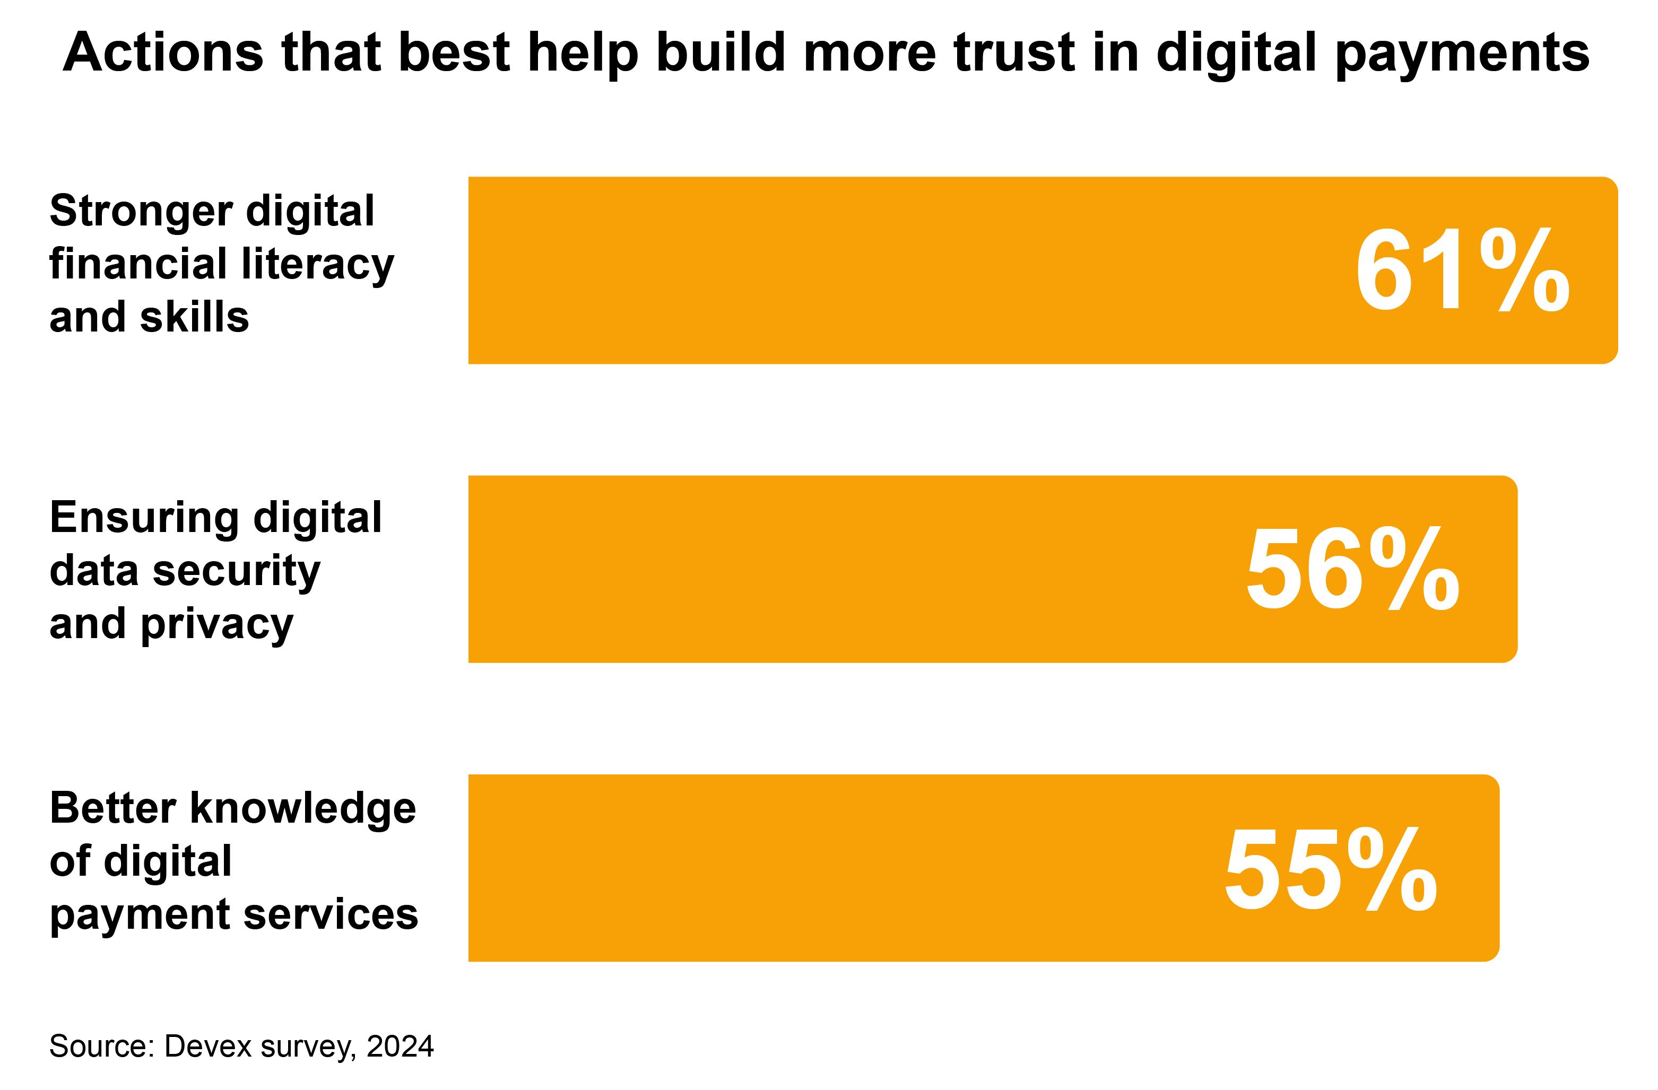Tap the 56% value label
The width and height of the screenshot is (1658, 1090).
(1352, 570)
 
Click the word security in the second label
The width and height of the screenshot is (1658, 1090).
(236, 571)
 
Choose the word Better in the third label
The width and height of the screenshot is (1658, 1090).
(112, 809)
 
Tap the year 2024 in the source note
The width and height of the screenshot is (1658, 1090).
(400, 1046)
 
